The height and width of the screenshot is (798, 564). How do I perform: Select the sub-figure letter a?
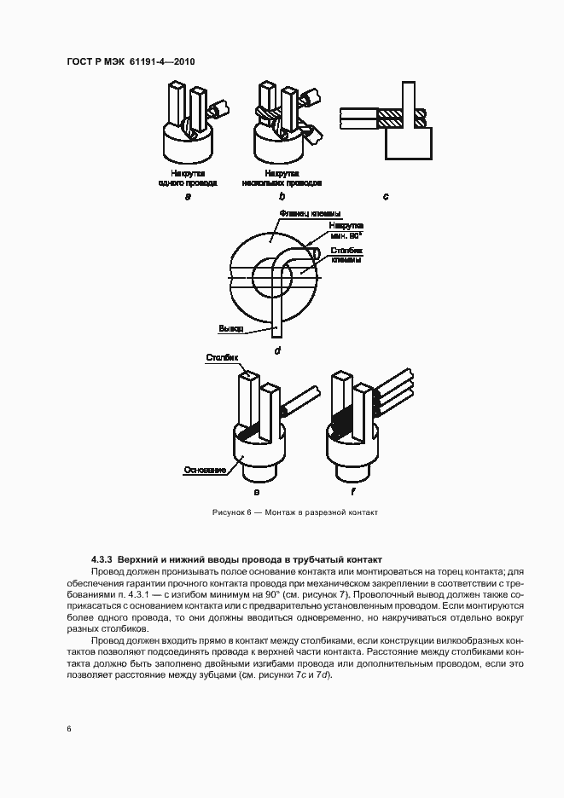[x=187, y=197]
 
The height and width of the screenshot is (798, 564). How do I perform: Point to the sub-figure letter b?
[x=282, y=197]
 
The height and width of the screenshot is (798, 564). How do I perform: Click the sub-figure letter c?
[x=385, y=197]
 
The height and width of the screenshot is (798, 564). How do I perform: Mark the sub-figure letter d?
[x=277, y=350]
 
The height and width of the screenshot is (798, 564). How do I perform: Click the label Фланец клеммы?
[x=310, y=214]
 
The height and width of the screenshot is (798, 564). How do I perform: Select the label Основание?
[x=204, y=470]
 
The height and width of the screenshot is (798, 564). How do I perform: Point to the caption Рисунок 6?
[x=294, y=512]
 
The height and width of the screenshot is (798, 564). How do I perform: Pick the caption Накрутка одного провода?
[x=188, y=178]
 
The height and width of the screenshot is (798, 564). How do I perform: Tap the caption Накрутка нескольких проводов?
[x=282, y=178]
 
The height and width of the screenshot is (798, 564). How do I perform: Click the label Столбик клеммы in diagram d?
[x=346, y=255]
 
